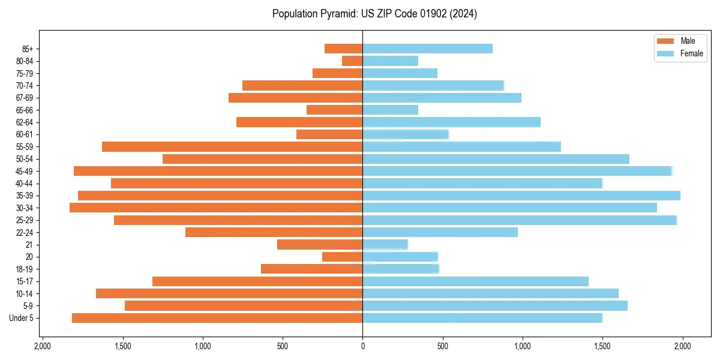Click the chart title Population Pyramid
pos(374,14)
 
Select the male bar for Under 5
pos(217,318)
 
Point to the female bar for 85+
pos(427,49)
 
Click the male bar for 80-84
pos(352,61)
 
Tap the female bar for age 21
pos(385,245)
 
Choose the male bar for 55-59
pos(232,146)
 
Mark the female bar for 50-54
pos(496,159)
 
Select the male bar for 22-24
pos(274,232)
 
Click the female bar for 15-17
pos(475,281)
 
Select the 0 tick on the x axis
pos(362,346)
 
